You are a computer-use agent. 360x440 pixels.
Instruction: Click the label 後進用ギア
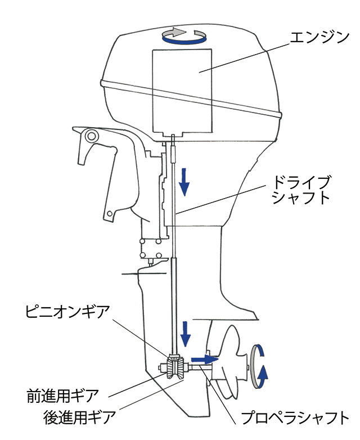point(79,417)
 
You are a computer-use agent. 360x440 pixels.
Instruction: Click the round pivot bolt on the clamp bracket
point(89,136)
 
